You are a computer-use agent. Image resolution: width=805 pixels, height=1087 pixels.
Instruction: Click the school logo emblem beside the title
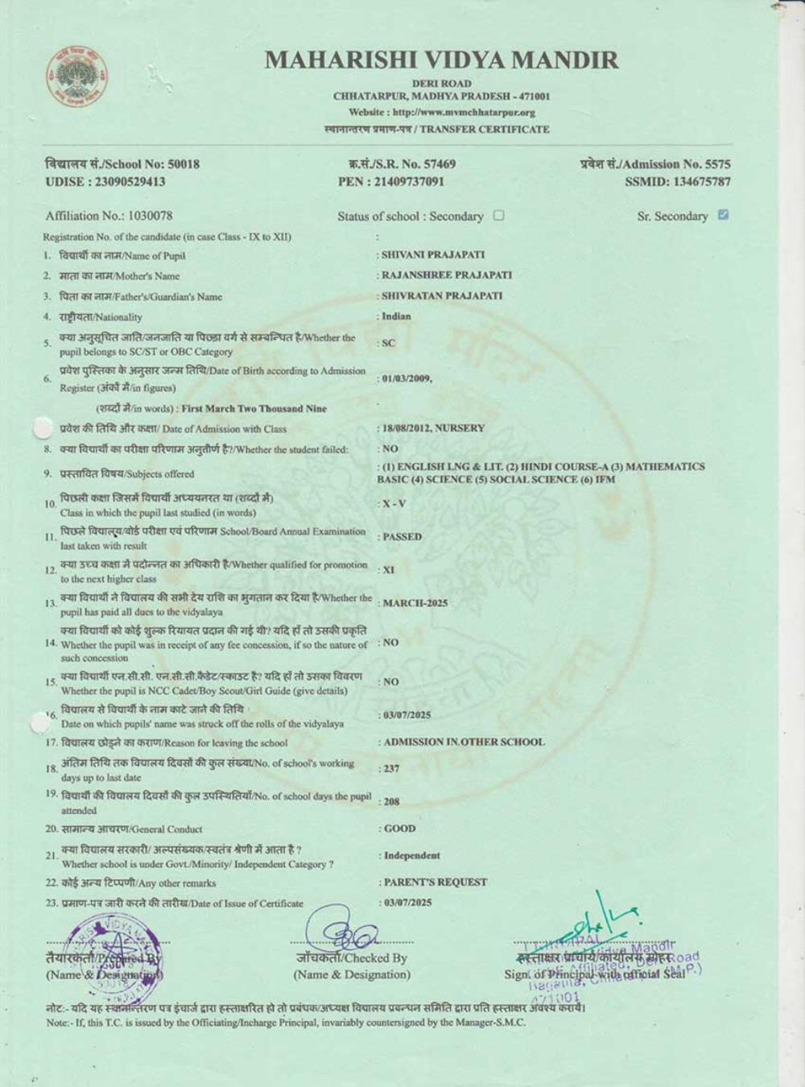coord(78,78)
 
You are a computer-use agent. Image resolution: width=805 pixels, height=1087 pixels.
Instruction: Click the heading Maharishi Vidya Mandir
coord(441,60)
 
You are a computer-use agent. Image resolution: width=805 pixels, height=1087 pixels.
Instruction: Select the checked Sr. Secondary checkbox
coord(723,215)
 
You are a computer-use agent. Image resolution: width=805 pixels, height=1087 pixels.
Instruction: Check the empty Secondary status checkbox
coord(498,215)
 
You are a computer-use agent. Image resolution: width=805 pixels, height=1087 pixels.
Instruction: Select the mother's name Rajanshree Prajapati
coord(447,275)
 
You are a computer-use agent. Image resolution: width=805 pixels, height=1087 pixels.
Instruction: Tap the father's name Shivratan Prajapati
coord(442,296)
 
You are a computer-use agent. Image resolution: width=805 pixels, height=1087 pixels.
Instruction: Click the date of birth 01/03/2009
coord(407,378)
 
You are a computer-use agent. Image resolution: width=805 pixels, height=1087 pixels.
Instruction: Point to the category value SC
coord(389,343)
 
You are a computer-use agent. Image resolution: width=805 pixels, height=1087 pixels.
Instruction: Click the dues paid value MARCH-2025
coord(415,603)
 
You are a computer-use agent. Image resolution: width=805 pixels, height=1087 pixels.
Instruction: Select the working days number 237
coord(391,769)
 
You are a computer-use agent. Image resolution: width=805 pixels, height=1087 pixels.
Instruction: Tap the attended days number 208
coord(391,802)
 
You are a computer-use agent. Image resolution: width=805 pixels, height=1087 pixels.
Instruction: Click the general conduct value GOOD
coord(400,829)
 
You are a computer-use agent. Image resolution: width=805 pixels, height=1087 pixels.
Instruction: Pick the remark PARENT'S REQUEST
coord(436,882)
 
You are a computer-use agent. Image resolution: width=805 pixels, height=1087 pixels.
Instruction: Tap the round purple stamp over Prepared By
coord(113,958)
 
